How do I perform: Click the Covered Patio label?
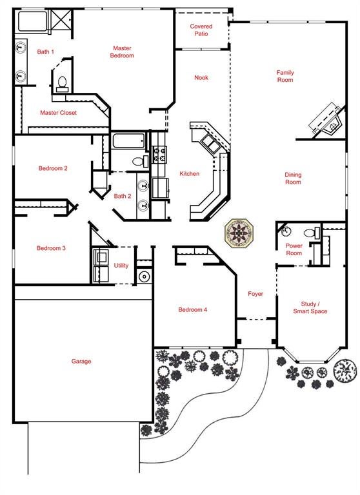point(201,30)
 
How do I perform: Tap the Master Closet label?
point(58,113)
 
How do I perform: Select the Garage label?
point(81,361)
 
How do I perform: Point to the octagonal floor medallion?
point(239,233)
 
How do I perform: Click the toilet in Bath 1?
point(63,84)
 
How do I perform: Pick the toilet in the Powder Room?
point(312,233)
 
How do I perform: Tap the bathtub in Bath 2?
point(128,141)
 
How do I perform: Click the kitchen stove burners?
point(159,155)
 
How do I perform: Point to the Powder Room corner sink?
point(285,232)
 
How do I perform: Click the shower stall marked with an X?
point(61,21)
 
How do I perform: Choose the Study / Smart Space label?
point(310,307)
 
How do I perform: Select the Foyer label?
point(255,294)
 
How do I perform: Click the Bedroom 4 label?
point(192,309)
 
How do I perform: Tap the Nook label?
point(201,77)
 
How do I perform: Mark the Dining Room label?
point(293,179)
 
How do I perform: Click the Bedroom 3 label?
point(51,248)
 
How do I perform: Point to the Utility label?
point(121,266)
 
